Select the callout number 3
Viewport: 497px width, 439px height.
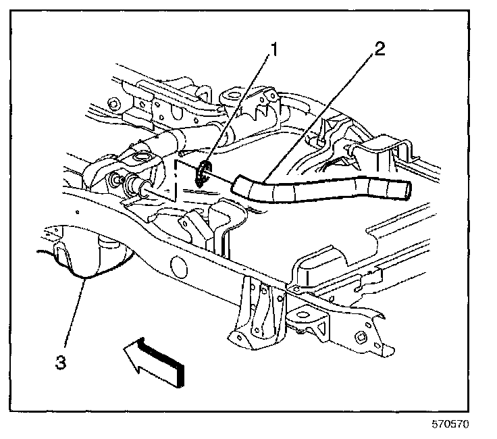61,362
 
